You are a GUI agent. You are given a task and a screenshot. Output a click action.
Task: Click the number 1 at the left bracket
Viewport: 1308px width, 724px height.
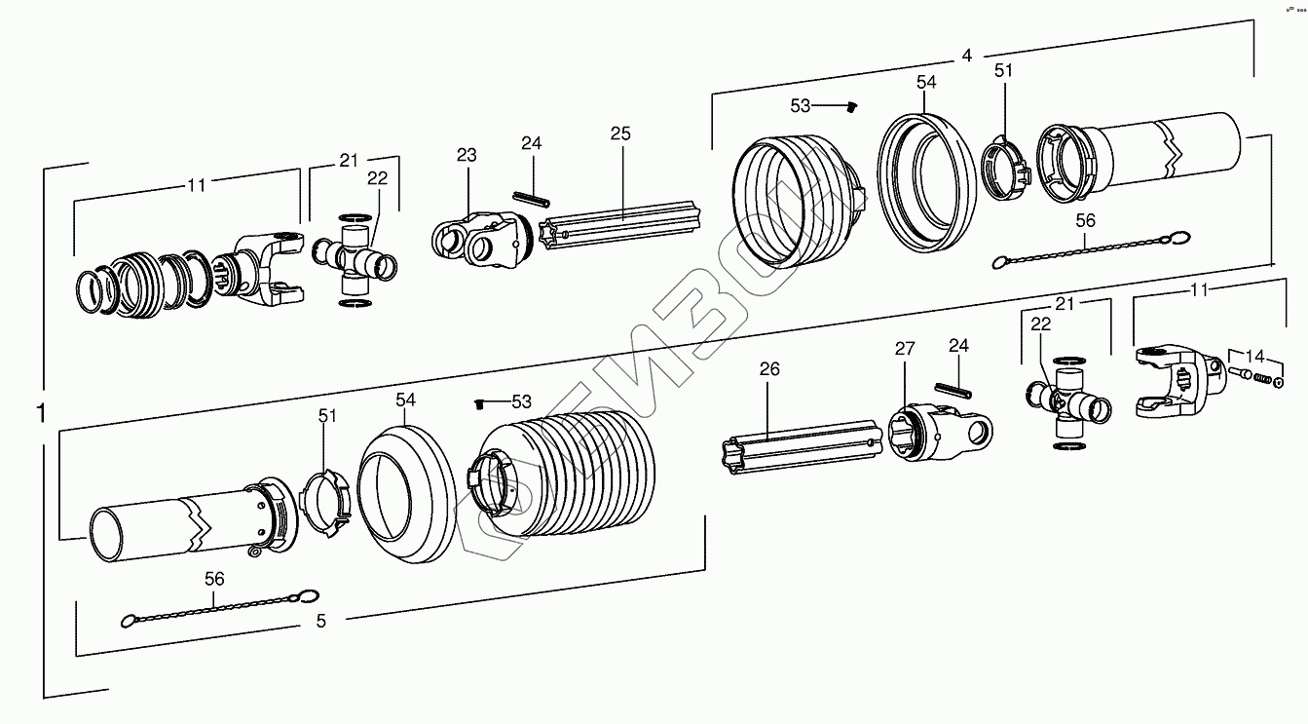[40, 413]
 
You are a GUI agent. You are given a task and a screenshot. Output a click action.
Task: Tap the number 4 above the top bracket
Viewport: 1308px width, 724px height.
[966, 56]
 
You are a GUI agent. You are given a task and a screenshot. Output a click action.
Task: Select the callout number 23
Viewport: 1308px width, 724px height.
[467, 155]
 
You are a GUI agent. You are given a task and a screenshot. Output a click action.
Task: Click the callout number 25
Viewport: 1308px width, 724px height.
[621, 133]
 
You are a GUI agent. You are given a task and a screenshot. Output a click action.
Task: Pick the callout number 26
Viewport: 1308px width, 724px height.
[769, 369]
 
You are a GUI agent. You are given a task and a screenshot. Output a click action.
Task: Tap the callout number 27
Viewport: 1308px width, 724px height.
[905, 348]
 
